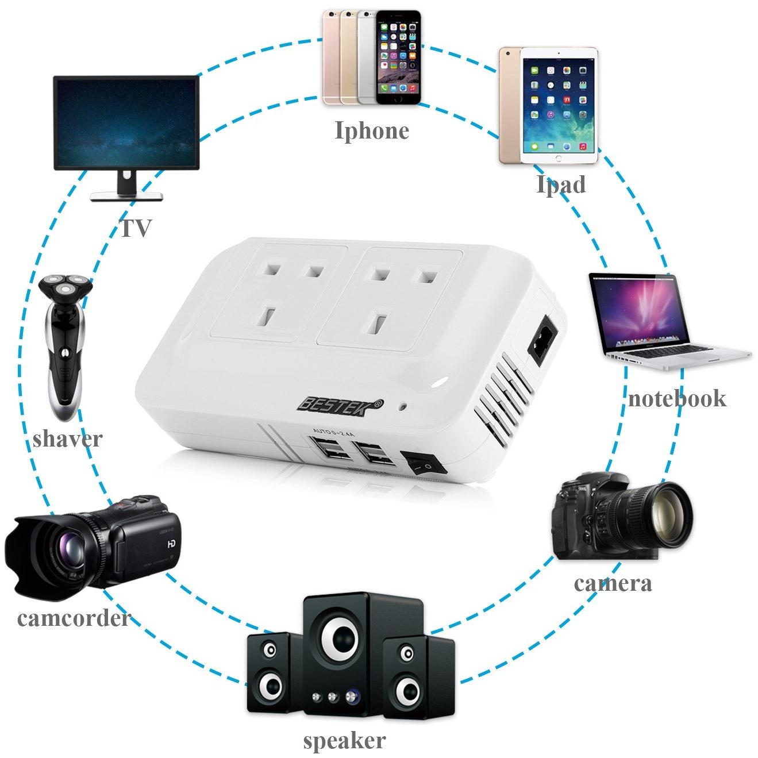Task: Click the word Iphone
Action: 372,131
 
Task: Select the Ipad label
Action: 561,184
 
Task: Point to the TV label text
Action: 136,228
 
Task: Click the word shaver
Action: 68,439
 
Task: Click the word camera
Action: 613,583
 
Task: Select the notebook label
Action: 677,398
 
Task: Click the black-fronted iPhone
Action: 398,57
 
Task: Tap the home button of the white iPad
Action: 559,158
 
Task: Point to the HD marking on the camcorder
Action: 172,544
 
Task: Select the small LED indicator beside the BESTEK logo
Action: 402,406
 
